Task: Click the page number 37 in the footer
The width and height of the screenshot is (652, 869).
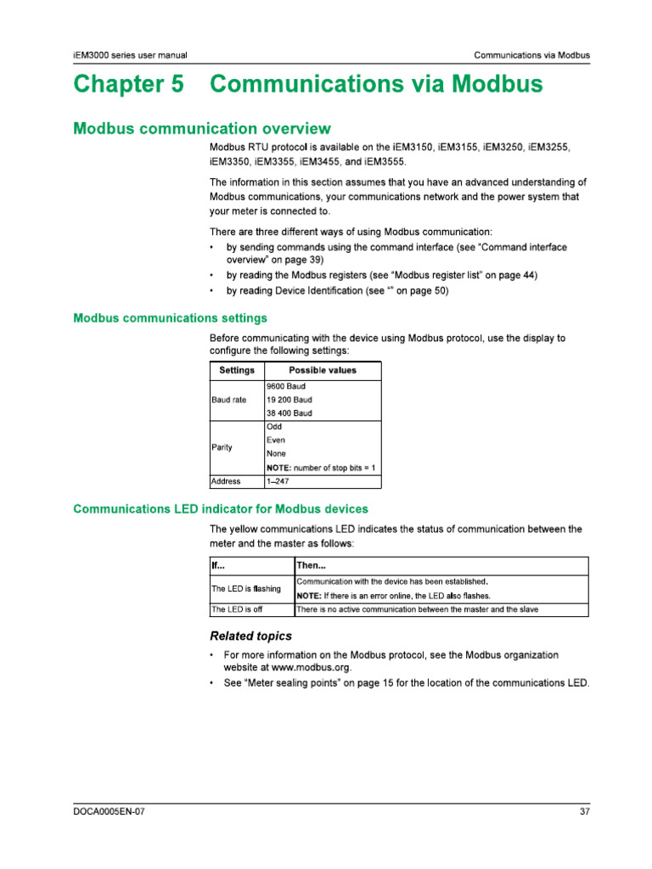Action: coord(584,811)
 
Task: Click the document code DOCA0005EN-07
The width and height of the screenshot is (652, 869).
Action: coord(110,811)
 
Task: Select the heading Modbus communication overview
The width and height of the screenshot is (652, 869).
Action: coord(202,129)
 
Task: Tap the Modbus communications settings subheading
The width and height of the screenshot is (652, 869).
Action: coord(171,318)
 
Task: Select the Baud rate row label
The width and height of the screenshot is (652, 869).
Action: coord(229,400)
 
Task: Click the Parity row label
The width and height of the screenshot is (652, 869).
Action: coord(222,447)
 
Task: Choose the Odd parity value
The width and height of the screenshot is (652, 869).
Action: coord(274,427)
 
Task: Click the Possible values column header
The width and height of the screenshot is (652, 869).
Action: coord(323,370)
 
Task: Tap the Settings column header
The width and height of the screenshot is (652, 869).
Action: coord(237,370)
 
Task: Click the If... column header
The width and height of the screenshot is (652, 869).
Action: coord(219,565)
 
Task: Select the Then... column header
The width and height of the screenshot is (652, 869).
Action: coord(312,565)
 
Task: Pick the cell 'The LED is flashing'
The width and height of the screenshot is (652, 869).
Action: coord(246,589)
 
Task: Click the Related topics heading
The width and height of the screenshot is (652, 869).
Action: coord(250,636)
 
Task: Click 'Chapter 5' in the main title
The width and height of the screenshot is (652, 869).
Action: coord(127,86)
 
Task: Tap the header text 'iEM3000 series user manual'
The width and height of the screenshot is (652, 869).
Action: coord(131,55)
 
